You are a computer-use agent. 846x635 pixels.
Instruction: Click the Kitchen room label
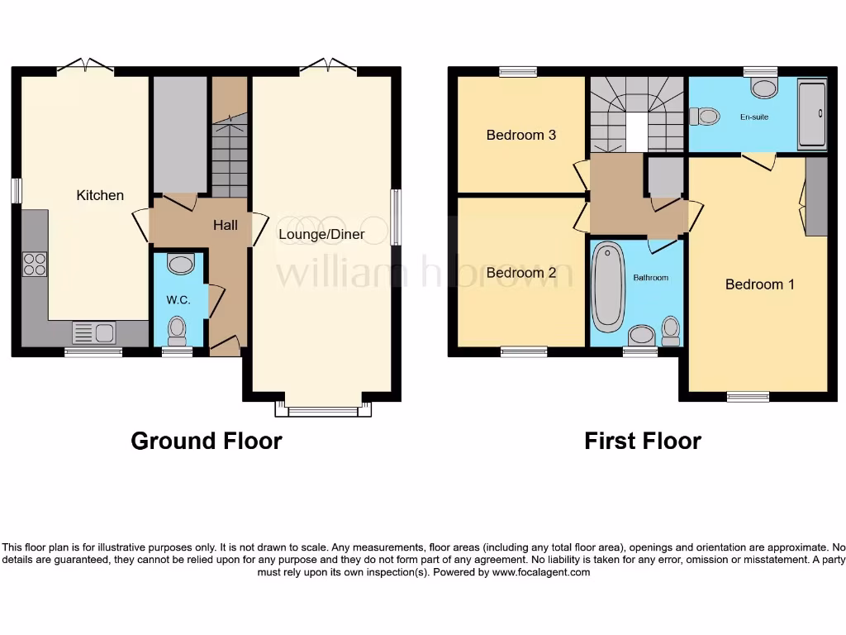coord(100,195)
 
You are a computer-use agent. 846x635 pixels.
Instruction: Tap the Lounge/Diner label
coord(321,234)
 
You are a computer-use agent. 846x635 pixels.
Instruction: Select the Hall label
coord(226,225)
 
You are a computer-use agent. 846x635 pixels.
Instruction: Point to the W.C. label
coord(178,300)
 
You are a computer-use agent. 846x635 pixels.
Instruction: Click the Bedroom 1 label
coord(759,284)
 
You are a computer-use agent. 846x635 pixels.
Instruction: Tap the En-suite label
coord(753,117)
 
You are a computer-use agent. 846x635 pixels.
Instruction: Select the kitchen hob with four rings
coord(35,264)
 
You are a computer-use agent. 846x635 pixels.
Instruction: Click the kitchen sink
coord(94,333)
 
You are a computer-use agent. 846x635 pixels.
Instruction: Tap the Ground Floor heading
coord(206,441)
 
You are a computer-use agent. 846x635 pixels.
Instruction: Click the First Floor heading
coord(642,441)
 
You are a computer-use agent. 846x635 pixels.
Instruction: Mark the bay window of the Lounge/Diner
coord(323,408)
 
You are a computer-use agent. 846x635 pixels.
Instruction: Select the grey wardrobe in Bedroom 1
coord(815,196)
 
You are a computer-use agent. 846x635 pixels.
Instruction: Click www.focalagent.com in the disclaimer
coord(541,572)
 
